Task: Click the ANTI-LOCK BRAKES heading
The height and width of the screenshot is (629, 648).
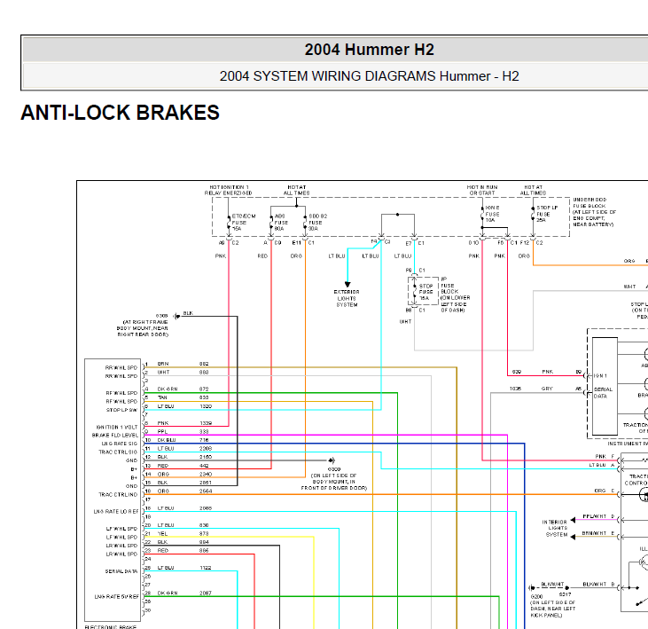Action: [x=120, y=114]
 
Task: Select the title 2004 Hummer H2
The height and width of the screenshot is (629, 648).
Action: [x=370, y=50]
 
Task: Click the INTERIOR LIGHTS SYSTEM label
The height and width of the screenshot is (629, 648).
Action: [x=557, y=528]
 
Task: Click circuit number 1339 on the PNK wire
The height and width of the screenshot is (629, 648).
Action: [x=205, y=423]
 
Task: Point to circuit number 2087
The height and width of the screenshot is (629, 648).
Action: [x=205, y=593]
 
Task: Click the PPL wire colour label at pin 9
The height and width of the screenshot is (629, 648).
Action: [x=162, y=432]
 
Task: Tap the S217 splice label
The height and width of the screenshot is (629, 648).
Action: [x=565, y=594]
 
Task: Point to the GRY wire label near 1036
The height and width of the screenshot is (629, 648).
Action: [x=547, y=389]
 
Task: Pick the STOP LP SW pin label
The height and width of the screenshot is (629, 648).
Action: [x=121, y=410]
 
